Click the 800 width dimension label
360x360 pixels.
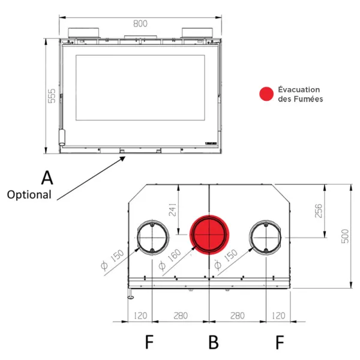[140, 23]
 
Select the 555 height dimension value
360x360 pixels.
[52, 96]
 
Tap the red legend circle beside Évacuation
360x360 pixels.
[266, 94]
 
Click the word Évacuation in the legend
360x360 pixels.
[299, 89]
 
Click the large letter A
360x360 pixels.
[47, 178]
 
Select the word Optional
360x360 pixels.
[29, 195]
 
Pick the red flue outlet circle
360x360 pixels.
[209, 235]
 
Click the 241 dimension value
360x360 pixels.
[173, 209]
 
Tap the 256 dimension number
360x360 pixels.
[319, 211]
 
